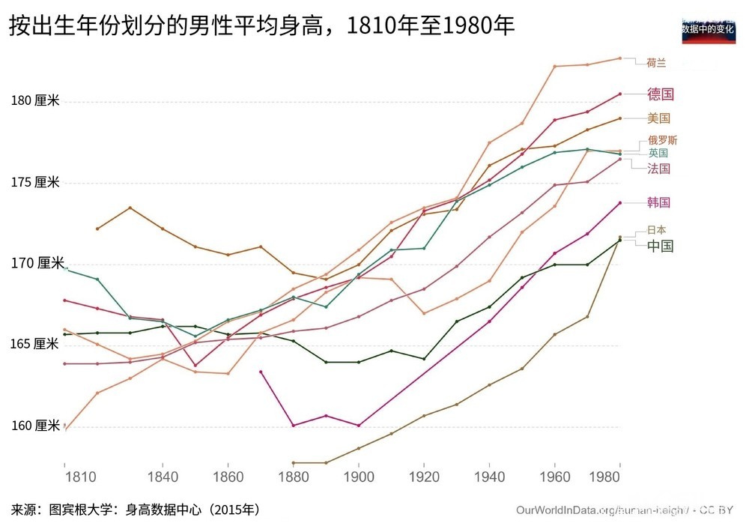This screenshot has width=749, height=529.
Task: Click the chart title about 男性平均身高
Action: click(261, 26)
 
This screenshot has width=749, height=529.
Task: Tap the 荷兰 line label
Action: click(656, 64)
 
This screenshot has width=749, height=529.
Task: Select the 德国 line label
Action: click(661, 94)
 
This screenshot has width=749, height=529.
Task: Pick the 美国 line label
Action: click(658, 118)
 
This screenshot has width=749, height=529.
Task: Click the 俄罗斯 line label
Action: click(663, 140)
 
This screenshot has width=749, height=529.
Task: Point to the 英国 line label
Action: click(658, 153)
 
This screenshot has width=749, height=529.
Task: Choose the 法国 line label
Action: click(658, 169)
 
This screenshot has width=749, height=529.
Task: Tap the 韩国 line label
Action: click(658, 202)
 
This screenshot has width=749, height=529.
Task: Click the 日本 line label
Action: click(656, 230)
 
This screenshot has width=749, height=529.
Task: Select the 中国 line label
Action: click(660, 247)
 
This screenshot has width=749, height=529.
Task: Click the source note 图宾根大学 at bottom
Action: click(135, 510)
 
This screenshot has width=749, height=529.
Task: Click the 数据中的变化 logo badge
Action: click(708, 29)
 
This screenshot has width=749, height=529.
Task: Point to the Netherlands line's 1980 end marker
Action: click(620, 58)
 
